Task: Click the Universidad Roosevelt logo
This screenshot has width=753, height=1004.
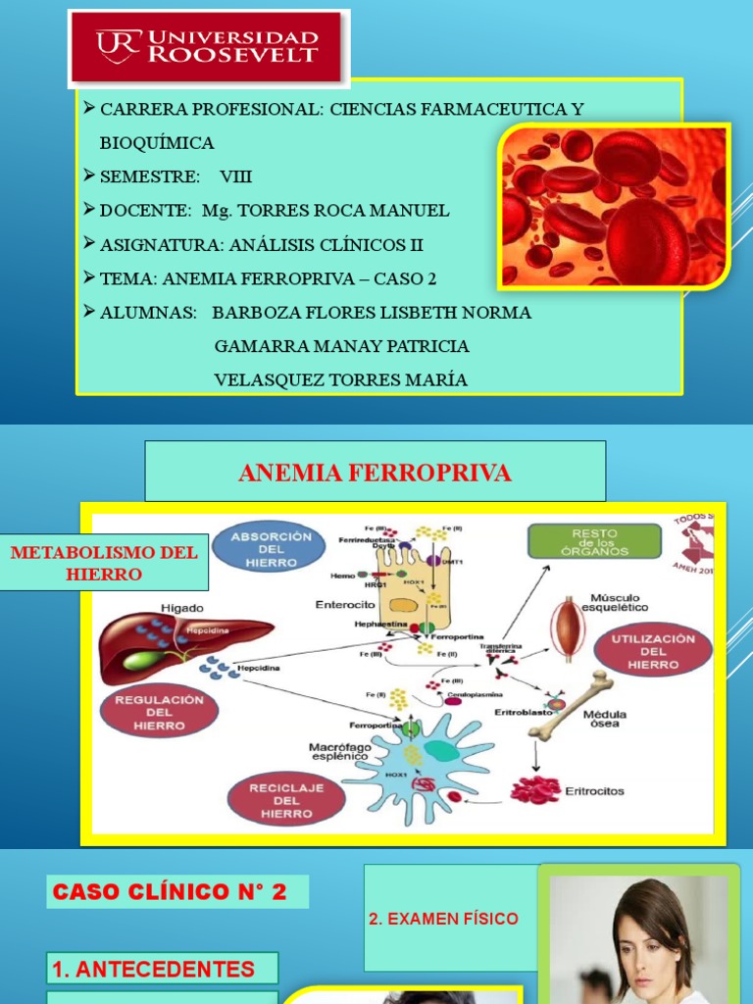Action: tap(208, 48)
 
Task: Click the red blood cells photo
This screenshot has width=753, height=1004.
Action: tap(614, 206)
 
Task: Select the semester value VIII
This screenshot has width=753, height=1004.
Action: tap(235, 176)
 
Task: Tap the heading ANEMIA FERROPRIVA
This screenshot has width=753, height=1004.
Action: tap(375, 473)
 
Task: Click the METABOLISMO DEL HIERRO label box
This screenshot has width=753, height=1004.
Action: tap(104, 563)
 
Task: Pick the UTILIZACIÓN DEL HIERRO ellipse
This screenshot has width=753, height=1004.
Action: tap(652, 651)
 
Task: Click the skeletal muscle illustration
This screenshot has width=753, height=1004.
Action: tap(567, 628)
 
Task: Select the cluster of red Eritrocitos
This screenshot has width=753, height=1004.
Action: tap(535, 789)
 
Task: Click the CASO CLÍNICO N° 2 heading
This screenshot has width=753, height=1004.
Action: tap(176, 891)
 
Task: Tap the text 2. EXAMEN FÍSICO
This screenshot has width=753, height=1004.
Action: tap(443, 919)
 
